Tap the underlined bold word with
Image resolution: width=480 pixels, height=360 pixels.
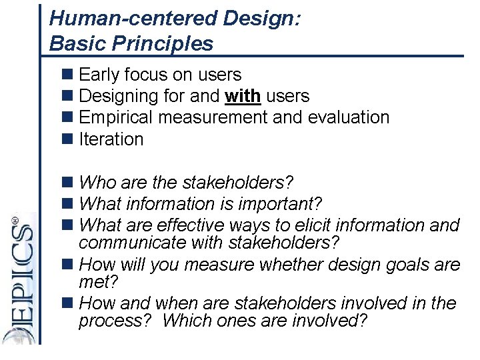click(x=243, y=96)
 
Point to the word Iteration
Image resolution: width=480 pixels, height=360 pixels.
click(x=111, y=139)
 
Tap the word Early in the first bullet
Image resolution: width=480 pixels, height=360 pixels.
click(x=99, y=75)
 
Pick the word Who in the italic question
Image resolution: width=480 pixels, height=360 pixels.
click(x=97, y=183)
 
